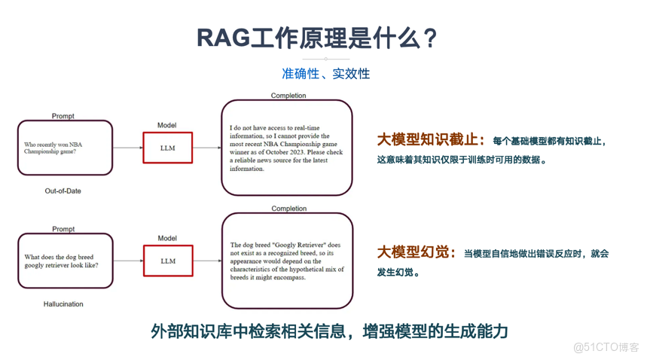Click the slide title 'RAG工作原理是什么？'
pyautogui.click(x=317, y=38)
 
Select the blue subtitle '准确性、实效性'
pyautogui.click(x=325, y=74)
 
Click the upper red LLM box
pyautogui.click(x=168, y=148)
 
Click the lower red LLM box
pyautogui.click(x=168, y=261)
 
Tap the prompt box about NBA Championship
pyautogui.click(x=65, y=148)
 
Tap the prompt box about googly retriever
pyautogui.click(x=65, y=261)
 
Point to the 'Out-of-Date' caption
pyautogui.click(x=63, y=191)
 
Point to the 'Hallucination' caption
pyautogui.click(x=63, y=304)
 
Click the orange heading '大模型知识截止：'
pyautogui.click(x=431, y=140)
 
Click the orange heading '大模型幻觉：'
pyautogui.click(x=417, y=252)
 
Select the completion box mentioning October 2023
pyautogui.click(x=287, y=148)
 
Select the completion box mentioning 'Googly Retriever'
pyautogui.click(x=287, y=261)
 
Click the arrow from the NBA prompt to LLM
pyautogui.click(x=128, y=148)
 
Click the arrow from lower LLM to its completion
pyautogui.click(x=207, y=261)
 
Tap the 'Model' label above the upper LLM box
pyautogui.click(x=166, y=125)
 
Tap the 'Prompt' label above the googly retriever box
pyautogui.click(x=63, y=229)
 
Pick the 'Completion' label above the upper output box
pyautogui.click(x=288, y=96)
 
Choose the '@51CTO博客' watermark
pyautogui.click(x=606, y=347)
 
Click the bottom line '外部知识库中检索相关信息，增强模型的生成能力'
pyautogui.click(x=329, y=331)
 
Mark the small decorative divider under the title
pyautogui.click(x=325, y=59)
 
